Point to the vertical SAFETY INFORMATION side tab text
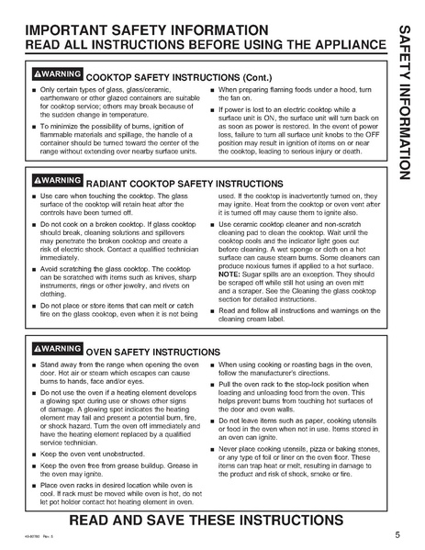tap(407, 101)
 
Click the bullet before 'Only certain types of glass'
tap(33, 90)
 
